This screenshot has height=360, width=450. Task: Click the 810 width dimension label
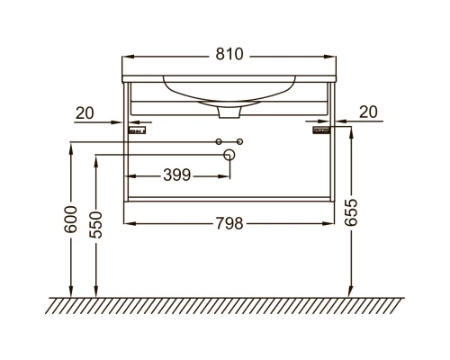coord(229,54)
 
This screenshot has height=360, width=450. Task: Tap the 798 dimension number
coord(229,223)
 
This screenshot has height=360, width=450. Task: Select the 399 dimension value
coord(177,175)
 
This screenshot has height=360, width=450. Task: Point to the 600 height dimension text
coord(71,220)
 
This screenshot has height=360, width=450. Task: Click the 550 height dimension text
coord(95,225)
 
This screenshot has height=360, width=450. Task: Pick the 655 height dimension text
coord(351,212)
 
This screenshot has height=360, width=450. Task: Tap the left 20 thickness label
coord(85,113)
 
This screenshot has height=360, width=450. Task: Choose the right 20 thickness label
coord(368,112)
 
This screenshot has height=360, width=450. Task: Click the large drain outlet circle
coord(229,155)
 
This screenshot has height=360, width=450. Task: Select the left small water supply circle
coord(219,141)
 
